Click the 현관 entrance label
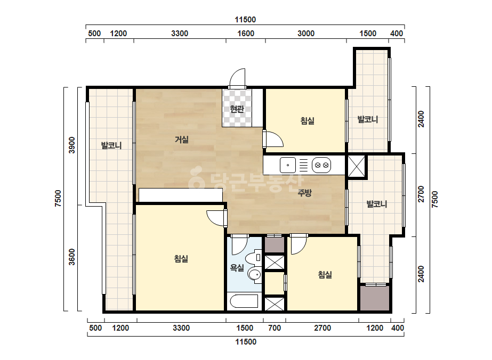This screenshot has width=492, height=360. tap(237, 109)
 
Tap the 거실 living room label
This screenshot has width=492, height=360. tap(182, 139)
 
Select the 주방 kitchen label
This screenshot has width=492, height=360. tap(305, 193)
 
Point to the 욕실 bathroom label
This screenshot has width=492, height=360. tap(237, 267)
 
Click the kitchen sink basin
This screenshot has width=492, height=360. tap(288, 165)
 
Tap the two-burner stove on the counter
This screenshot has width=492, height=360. tap(321, 165)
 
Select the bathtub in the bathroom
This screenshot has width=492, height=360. tap(244, 301)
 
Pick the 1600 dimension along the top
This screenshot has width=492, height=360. tap(246, 34)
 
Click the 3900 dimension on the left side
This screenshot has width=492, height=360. tap(72, 145)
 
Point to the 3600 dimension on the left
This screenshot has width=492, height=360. tap(72, 257)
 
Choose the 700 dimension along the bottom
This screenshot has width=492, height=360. tap(275, 328)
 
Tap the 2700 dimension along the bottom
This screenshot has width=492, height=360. tap(322, 328)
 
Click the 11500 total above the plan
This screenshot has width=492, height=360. tap(245, 20)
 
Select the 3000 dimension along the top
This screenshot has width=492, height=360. tap(306, 34)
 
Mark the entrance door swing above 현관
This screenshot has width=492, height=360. tap(237, 77)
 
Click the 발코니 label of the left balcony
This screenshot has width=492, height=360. tap(111, 145)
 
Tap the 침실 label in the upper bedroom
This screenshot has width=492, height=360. tap(307, 121)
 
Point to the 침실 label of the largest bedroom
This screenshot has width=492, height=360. tap(181, 259)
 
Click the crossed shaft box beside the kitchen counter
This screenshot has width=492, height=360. tap(357, 166)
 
